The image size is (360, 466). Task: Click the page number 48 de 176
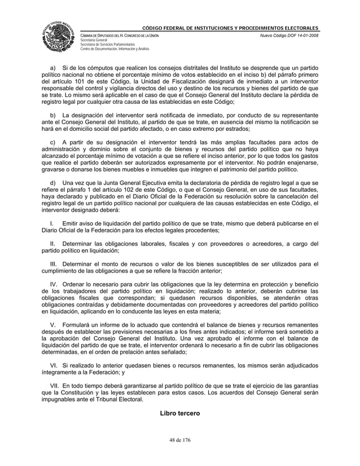(x=179, y=443)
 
